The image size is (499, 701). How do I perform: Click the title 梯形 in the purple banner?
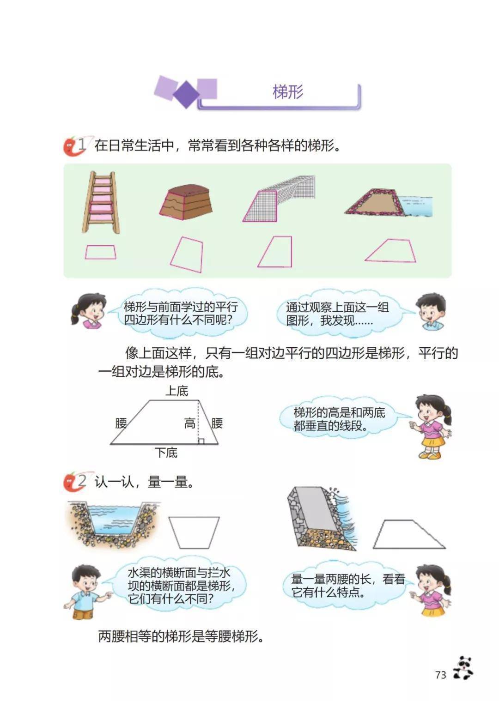coord(288,92)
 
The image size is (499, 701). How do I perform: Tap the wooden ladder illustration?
coord(101,202)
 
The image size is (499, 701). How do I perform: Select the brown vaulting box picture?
coord(186,202)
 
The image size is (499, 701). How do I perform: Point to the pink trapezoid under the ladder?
coord(100,252)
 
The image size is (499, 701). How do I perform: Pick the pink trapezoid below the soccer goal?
coord(275,252)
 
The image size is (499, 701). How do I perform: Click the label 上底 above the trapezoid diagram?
coord(177,391)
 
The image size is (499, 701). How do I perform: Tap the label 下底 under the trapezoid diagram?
coord(166,453)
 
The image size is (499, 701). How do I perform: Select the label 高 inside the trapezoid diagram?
coord(190,424)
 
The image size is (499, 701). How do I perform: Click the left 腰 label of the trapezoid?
coord(121,423)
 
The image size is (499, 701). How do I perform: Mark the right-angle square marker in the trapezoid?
coord(201,441)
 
